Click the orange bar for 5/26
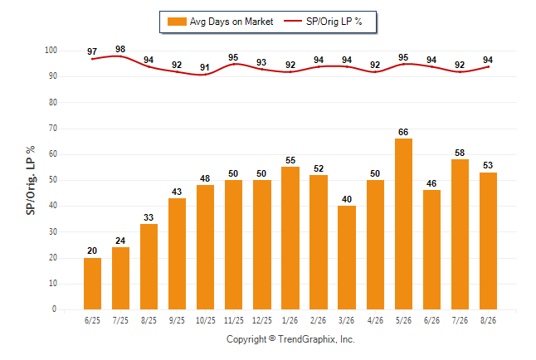[403, 224]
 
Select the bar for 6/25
[92, 284]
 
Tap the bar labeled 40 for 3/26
[347, 257]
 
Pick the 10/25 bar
[205, 247]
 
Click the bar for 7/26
[460, 234]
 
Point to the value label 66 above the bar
[403, 132]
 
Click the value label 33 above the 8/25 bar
[149, 217]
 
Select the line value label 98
[120, 49]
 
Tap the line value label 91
[205, 67]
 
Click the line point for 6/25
[92, 59]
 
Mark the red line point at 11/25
[233, 64]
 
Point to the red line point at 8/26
[488, 66]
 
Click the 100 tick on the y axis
[51, 51]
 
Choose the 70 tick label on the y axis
[53, 129]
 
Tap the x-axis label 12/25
[262, 320]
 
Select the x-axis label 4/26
[375, 320]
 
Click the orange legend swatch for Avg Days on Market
[177, 22]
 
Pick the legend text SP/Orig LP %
[334, 22]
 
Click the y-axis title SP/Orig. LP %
[31, 180]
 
